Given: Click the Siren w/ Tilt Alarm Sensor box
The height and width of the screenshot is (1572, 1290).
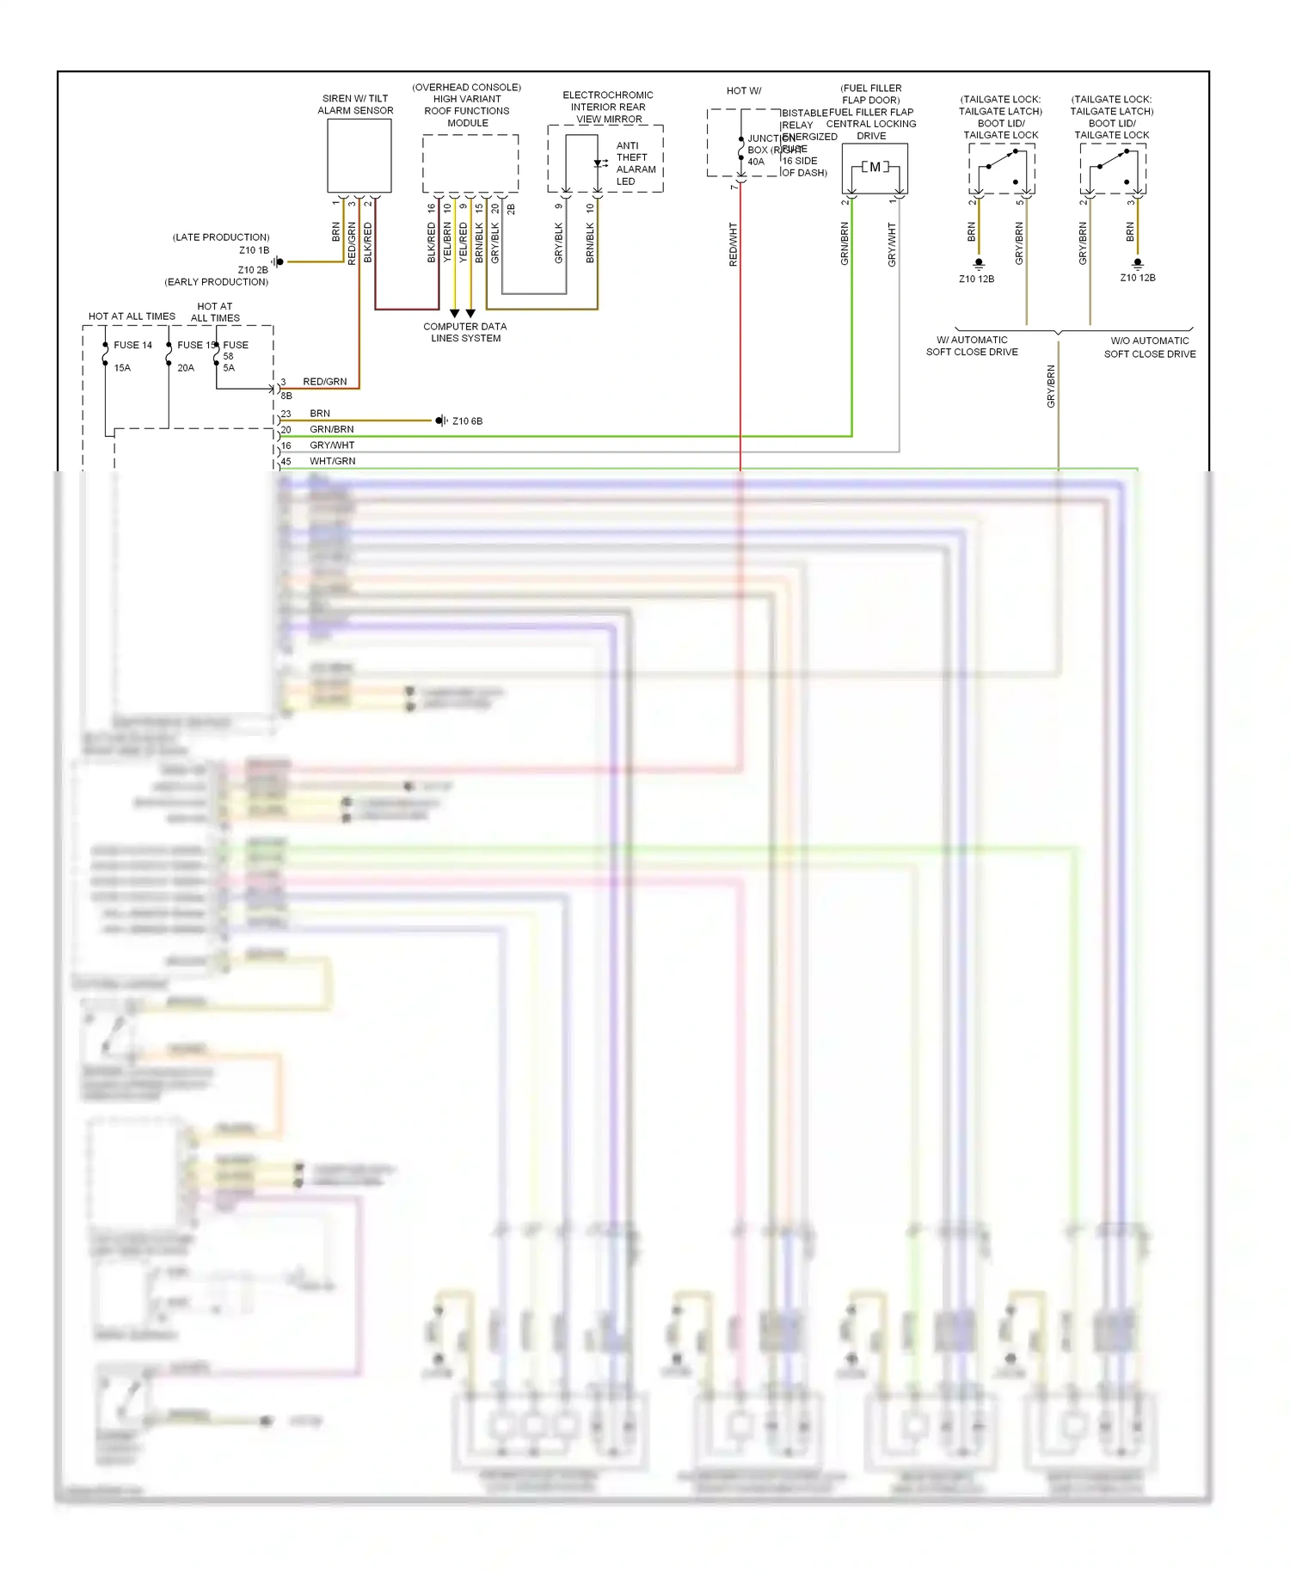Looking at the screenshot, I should pos(359,156).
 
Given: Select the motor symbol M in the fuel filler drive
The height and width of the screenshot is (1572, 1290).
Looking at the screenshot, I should pos(875,167).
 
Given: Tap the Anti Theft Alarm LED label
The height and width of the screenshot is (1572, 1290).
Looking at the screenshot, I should pos(636,163).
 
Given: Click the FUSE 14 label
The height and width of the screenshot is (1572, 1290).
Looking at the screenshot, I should pos(132,345).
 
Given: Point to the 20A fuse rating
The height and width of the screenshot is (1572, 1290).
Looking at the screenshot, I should pos(186,367).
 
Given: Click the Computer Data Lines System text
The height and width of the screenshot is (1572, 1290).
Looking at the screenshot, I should pos(465,332).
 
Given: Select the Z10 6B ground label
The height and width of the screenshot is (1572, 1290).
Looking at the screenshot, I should pos(467,421).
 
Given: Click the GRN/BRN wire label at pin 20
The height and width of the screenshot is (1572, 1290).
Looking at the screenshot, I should pos(331,429).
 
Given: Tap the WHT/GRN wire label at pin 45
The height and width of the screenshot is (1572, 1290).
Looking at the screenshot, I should pos(332,461).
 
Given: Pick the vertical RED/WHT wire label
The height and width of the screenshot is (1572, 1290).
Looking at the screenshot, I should pos(734,244).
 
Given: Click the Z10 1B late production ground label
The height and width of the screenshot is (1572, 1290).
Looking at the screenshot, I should pos(254,250).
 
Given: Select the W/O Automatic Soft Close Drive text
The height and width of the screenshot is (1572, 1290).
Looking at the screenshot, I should pos(1150,347).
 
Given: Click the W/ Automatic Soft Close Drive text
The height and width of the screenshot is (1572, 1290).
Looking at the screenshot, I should pos(972,346).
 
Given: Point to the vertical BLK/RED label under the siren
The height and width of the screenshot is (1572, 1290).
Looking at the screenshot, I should pos(368,243).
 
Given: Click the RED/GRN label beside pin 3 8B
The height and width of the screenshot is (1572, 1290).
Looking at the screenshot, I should pos(325,382).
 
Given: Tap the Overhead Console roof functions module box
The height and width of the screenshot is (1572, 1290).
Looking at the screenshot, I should pos(470,163).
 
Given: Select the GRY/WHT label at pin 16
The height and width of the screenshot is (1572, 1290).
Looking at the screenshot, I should pos(332,445).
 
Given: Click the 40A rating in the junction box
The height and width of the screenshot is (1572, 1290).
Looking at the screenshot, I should pos(756,162).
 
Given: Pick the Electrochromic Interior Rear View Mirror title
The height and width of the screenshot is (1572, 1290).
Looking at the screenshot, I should pos(608,107).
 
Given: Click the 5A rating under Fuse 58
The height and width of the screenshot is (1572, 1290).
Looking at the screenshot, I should pos(229,367).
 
